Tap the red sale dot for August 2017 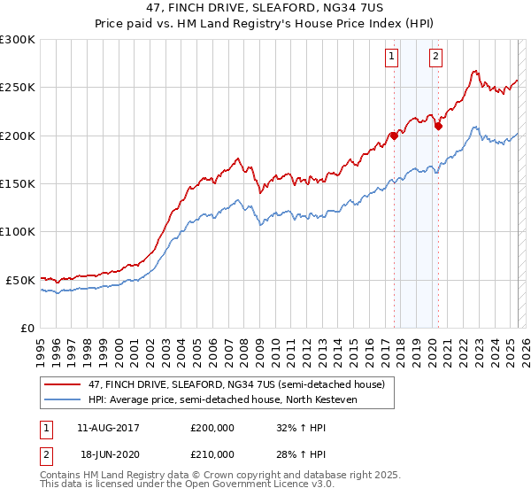[394, 136]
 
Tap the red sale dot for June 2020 [438, 126]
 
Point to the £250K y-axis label [18, 88]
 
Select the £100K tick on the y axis [18, 231]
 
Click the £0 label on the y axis [27, 328]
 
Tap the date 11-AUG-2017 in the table [109, 428]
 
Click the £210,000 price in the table [212, 453]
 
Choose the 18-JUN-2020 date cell [109, 453]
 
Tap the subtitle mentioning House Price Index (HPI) [265, 25]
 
